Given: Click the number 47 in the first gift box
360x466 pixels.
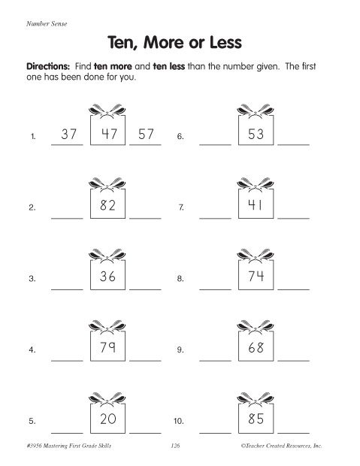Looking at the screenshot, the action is [x=105, y=134].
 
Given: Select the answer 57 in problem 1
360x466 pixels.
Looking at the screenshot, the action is [x=146, y=135].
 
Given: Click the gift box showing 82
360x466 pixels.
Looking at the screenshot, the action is [x=105, y=207].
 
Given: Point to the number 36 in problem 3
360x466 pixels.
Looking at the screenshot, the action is [x=105, y=277].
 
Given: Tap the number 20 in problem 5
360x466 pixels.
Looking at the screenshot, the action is [x=105, y=419].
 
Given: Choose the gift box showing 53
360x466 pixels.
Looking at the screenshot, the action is [x=253, y=134].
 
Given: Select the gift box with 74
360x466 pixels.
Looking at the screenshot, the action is [x=253, y=277].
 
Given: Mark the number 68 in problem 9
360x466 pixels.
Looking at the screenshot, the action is [x=253, y=349].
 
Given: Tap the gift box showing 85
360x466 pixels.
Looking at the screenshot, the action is [x=253, y=419].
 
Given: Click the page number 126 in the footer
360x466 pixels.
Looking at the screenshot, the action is [x=177, y=446].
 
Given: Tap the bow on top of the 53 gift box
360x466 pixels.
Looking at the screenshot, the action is [x=253, y=106].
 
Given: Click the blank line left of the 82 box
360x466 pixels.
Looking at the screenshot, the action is [x=66, y=216].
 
